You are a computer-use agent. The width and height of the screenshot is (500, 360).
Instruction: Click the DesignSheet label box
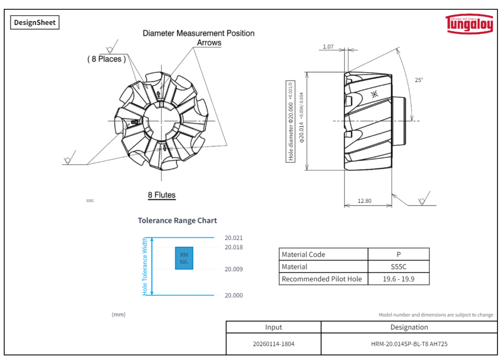[35, 22]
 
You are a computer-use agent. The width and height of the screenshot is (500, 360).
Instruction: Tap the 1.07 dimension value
[328, 47]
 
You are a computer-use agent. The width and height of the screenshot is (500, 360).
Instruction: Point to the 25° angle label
[419, 80]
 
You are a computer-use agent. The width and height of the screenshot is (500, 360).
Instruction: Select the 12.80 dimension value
[364, 200]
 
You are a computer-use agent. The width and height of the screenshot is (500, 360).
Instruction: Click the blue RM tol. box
[184, 258]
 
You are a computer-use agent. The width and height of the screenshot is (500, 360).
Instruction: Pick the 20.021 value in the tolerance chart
[233, 238]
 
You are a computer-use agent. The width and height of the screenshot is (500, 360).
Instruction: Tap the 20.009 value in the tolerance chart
[233, 269]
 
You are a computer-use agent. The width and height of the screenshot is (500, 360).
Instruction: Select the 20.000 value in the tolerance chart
[233, 296]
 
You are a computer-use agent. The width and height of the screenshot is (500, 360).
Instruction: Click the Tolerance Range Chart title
[177, 220]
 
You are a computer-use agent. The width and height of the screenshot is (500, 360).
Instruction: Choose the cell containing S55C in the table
[398, 267]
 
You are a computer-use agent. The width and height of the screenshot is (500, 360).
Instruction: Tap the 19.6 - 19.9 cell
[398, 279]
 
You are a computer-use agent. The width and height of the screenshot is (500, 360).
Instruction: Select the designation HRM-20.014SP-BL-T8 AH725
[409, 344]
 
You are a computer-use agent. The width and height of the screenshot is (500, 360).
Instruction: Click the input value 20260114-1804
[273, 344]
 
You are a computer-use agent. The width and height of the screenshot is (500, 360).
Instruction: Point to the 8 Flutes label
[162, 195]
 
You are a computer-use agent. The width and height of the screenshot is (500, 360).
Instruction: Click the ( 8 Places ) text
[106, 59]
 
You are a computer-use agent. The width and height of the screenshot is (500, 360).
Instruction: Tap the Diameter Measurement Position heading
[198, 33]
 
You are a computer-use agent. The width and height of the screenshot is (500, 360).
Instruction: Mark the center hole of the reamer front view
[162, 120]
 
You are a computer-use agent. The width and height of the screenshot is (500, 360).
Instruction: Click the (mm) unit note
[119, 315]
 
